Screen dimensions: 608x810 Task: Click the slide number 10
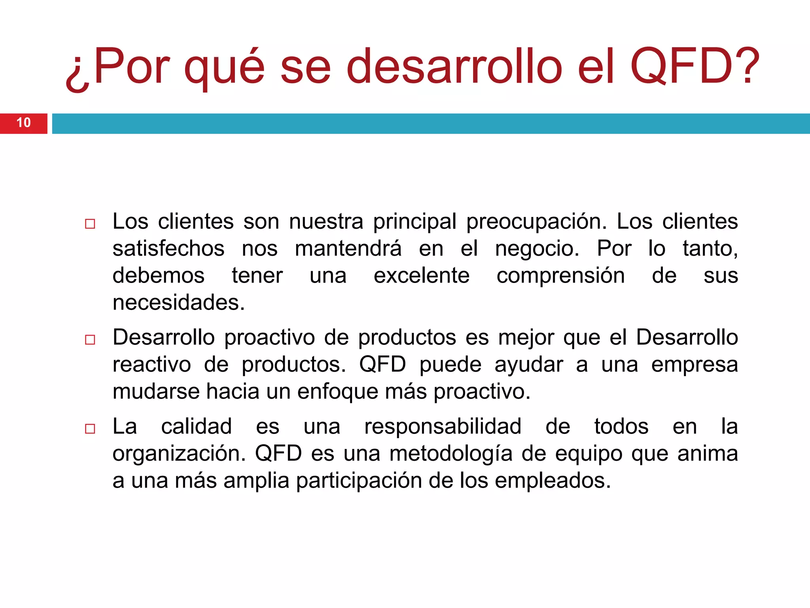click(24, 123)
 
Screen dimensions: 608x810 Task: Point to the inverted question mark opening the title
click(77, 75)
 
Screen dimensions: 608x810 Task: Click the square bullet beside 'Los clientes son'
click(90, 224)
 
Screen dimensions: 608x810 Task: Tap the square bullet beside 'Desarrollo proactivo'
click(90, 340)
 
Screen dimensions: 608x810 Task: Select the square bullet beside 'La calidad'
click(90, 429)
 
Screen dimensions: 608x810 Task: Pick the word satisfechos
click(168, 249)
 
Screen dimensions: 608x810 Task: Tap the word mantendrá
click(348, 249)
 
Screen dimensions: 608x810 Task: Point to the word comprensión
click(560, 275)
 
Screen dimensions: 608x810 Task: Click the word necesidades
click(178, 302)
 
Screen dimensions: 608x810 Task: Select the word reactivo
click(151, 365)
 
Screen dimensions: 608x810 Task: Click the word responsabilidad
click(443, 427)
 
